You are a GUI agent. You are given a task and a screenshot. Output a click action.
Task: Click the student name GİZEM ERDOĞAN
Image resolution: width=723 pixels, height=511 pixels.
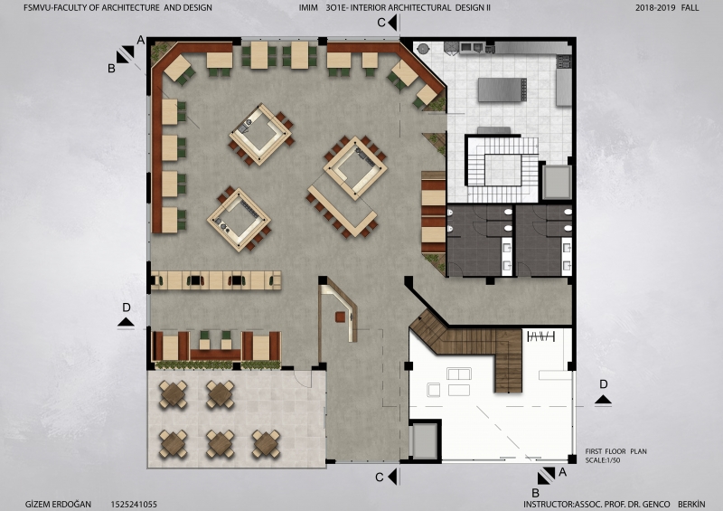[x=58, y=504]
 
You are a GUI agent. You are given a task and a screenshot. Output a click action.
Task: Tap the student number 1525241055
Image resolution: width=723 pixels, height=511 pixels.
[x=134, y=504]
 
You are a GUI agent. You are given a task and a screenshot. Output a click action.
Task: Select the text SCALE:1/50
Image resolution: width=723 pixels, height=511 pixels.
[x=603, y=460]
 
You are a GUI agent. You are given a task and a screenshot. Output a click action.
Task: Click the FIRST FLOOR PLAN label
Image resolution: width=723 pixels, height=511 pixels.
[x=616, y=451]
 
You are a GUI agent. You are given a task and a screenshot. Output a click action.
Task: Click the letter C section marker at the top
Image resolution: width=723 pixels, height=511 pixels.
[x=381, y=23]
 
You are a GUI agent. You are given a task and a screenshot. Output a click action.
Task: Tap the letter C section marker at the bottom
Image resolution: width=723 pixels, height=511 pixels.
[x=380, y=478]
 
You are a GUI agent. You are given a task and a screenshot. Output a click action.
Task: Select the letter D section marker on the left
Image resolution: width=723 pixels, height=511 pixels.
[x=126, y=308]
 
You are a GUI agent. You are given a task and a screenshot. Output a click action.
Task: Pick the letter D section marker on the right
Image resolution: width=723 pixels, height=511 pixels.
[x=603, y=384]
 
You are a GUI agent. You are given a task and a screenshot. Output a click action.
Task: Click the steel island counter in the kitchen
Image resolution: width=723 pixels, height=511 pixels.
[x=502, y=90]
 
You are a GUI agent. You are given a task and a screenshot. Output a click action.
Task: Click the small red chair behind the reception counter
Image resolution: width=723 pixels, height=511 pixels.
[x=340, y=317]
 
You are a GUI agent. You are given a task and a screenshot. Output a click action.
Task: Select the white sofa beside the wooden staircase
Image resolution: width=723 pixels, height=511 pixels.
[x=459, y=374]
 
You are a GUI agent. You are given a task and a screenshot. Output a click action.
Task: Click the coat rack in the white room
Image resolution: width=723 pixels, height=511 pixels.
[x=540, y=336]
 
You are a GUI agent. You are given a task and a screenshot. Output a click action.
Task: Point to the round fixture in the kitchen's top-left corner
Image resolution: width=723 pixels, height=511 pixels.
[x=423, y=48]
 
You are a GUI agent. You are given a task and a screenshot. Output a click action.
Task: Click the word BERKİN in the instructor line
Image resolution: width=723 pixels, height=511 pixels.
[x=691, y=504]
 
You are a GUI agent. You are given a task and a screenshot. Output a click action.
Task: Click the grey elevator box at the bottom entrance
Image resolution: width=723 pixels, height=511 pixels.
[x=425, y=440]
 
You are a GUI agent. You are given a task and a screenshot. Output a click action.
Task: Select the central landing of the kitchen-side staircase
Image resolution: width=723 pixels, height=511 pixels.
[x=502, y=170]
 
